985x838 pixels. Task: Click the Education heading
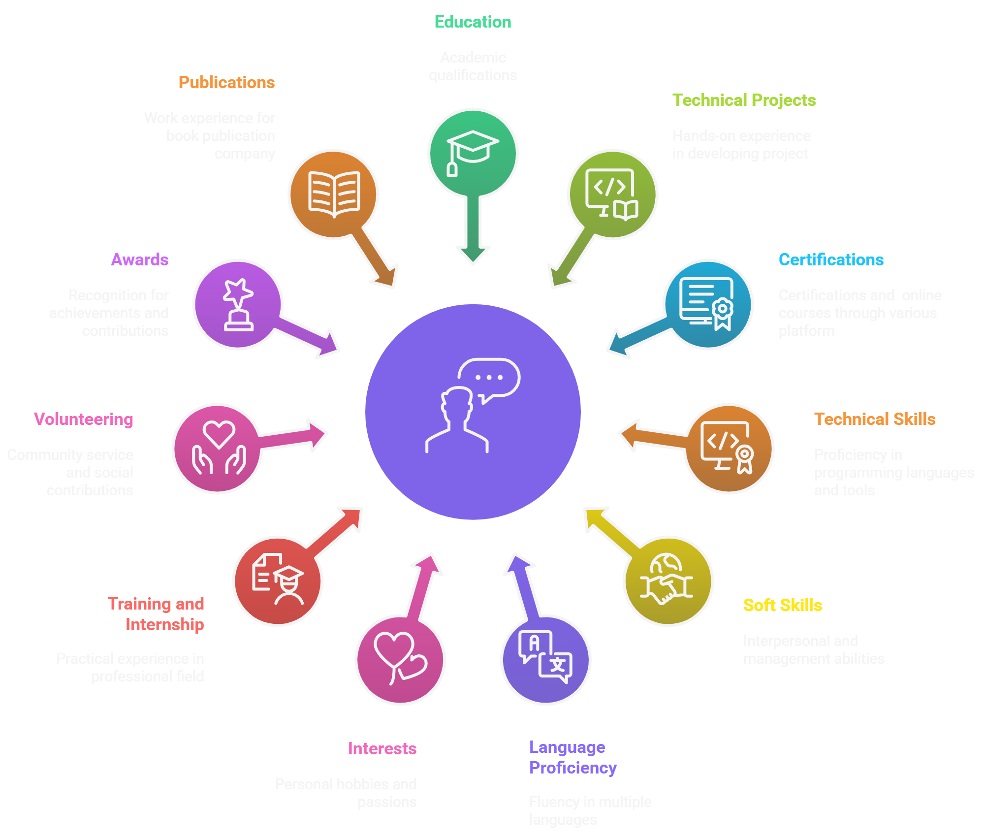click(x=473, y=22)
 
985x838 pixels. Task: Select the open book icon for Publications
click(x=334, y=194)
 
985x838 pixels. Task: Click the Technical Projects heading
click(x=744, y=100)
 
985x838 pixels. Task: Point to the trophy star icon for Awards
click(x=238, y=305)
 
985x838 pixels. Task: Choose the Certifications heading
click(x=831, y=260)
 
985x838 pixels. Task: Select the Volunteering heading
click(x=84, y=419)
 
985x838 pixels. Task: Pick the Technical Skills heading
click(x=875, y=419)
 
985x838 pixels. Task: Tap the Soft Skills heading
click(x=782, y=606)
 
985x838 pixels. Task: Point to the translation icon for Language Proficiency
click(x=545, y=657)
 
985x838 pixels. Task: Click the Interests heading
click(x=382, y=749)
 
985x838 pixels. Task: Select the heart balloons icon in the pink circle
click(x=400, y=658)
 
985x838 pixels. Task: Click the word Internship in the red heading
click(x=165, y=625)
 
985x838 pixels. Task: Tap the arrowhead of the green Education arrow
click(x=473, y=254)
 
